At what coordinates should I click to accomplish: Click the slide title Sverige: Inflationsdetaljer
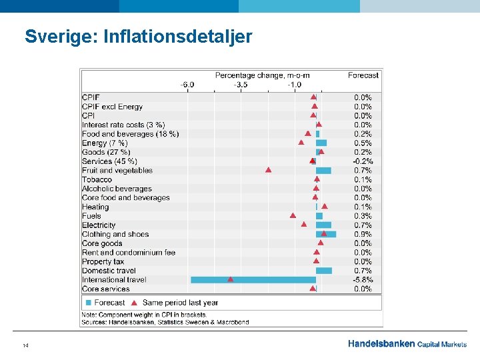(x=139, y=36)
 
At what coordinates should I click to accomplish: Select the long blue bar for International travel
(x=253, y=280)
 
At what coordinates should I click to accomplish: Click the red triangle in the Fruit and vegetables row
(x=268, y=170)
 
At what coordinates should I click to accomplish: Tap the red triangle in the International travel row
(x=230, y=279)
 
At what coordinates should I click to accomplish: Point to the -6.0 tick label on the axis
(x=187, y=85)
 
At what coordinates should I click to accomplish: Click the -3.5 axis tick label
(x=241, y=85)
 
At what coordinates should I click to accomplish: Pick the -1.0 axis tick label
(x=294, y=85)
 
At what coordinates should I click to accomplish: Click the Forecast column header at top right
(x=363, y=75)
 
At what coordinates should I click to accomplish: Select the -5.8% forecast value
(x=363, y=280)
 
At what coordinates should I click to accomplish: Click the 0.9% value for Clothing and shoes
(x=363, y=234)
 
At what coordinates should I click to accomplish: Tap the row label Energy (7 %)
(x=105, y=143)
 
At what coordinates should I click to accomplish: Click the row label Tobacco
(x=97, y=179)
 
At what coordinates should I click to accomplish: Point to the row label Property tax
(x=103, y=262)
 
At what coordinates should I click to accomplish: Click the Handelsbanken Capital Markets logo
(x=407, y=344)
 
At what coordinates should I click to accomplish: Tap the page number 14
(x=25, y=345)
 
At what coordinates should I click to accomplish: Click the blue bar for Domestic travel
(x=324, y=271)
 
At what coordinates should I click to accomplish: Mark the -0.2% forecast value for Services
(x=363, y=161)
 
